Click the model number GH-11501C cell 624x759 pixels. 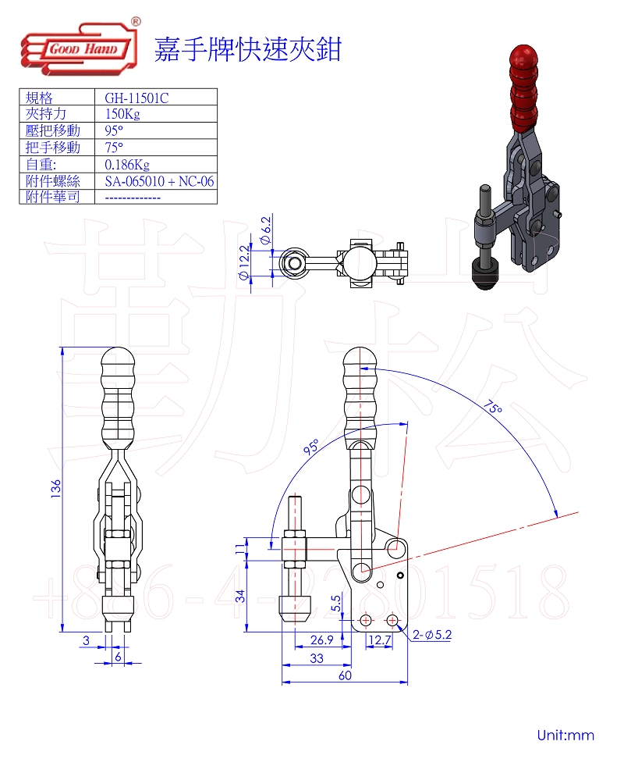pos(136,98)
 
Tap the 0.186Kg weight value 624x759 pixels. pos(126,164)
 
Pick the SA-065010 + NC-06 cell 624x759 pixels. pos(159,181)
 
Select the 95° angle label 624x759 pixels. pos(311,447)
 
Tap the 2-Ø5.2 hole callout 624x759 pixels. pos(434,635)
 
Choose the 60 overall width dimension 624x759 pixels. pos(344,675)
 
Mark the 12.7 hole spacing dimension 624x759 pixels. pos(379,640)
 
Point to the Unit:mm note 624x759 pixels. pos(565,735)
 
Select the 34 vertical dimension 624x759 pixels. pos(240,595)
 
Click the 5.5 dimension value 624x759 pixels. pos(336,604)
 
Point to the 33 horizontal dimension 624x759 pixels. pos(317,658)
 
